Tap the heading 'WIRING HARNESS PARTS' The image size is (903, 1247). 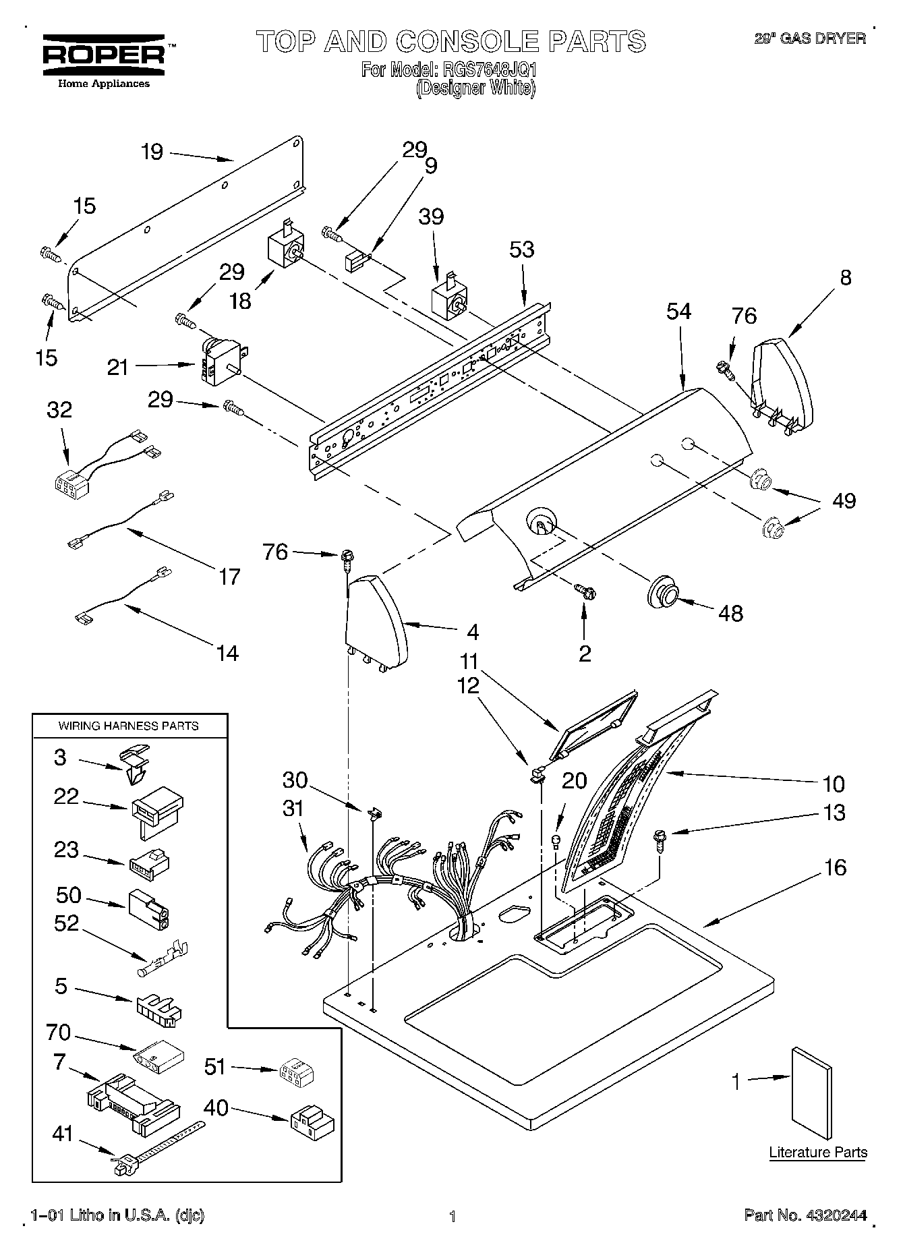pyautogui.click(x=128, y=726)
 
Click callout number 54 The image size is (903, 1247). pyautogui.click(x=679, y=312)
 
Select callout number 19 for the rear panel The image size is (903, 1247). pyautogui.click(x=152, y=152)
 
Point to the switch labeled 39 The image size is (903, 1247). pyautogui.click(x=448, y=301)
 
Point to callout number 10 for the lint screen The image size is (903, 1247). pyautogui.click(x=834, y=784)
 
